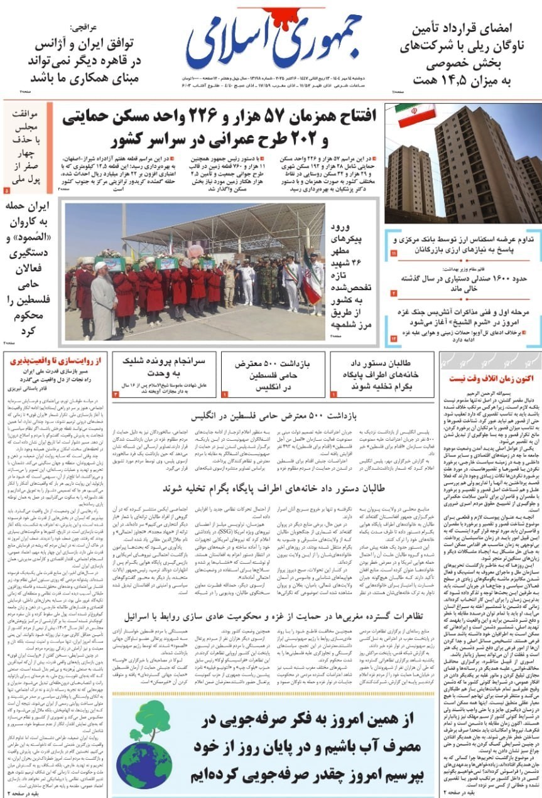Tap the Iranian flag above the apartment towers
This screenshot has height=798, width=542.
[x=415, y=116]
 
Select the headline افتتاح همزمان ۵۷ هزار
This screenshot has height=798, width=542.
[x=219, y=126]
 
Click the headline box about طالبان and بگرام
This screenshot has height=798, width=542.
[x=381, y=374]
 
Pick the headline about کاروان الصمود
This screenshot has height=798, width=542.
[x=26, y=267]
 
